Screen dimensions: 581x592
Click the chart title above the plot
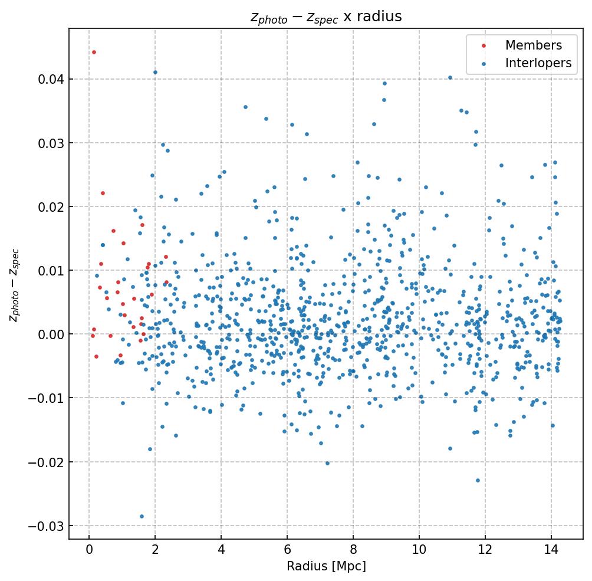(x=326, y=17)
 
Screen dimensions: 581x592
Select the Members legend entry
(x=533, y=45)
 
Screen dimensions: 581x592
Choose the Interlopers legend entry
(x=538, y=64)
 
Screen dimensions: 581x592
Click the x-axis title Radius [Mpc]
(x=326, y=566)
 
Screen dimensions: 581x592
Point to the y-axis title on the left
(x=14, y=285)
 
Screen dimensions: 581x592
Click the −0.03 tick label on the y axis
(x=45, y=526)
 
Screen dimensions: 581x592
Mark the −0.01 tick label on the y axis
(x=45, y=398)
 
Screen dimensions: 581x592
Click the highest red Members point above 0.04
(x=94, y=52)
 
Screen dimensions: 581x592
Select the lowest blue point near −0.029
(x=142, y=516)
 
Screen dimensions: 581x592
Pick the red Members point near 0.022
(x=103, y=193)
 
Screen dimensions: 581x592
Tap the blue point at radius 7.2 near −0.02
(x=327, y=463)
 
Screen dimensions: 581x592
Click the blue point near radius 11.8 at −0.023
(x=478, y=480)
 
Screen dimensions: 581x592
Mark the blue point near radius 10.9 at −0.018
(x=450, y=448)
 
